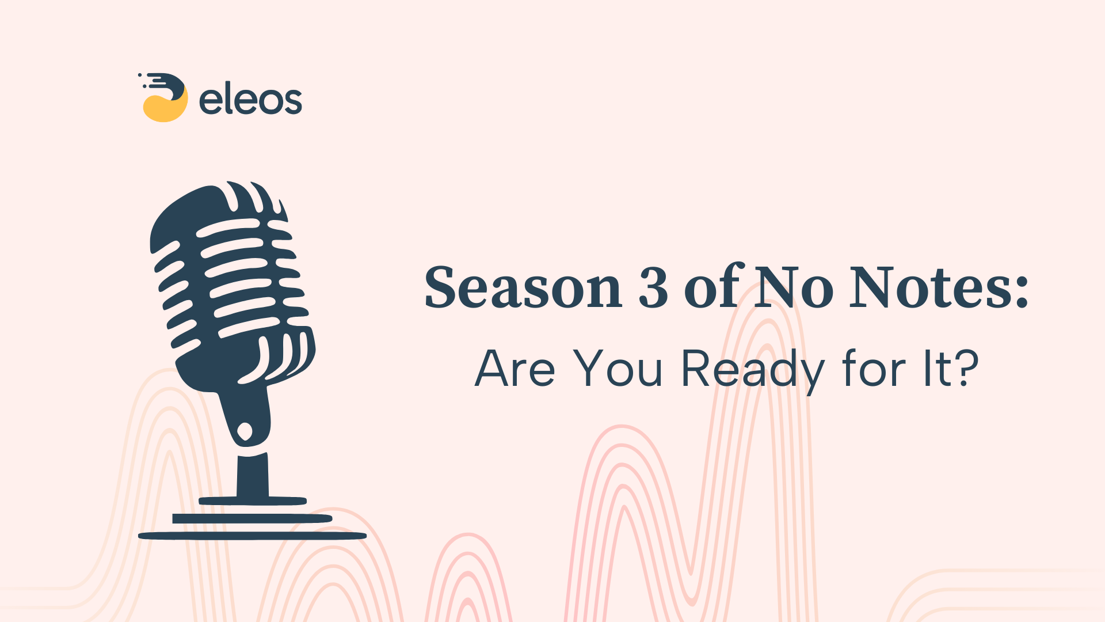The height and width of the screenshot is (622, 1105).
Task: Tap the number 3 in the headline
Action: (x=653, y=288)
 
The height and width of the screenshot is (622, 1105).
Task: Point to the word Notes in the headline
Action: (x=924, y=288)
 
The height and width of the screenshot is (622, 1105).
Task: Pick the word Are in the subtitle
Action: (x=515, y=369)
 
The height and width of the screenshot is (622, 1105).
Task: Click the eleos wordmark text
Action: (x=250, y=100)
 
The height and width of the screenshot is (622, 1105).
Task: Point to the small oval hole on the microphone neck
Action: (x=245, y=431)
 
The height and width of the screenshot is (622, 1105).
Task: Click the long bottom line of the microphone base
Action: (x=252, y=536)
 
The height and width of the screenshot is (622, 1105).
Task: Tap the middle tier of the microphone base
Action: (x=252, y=518)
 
